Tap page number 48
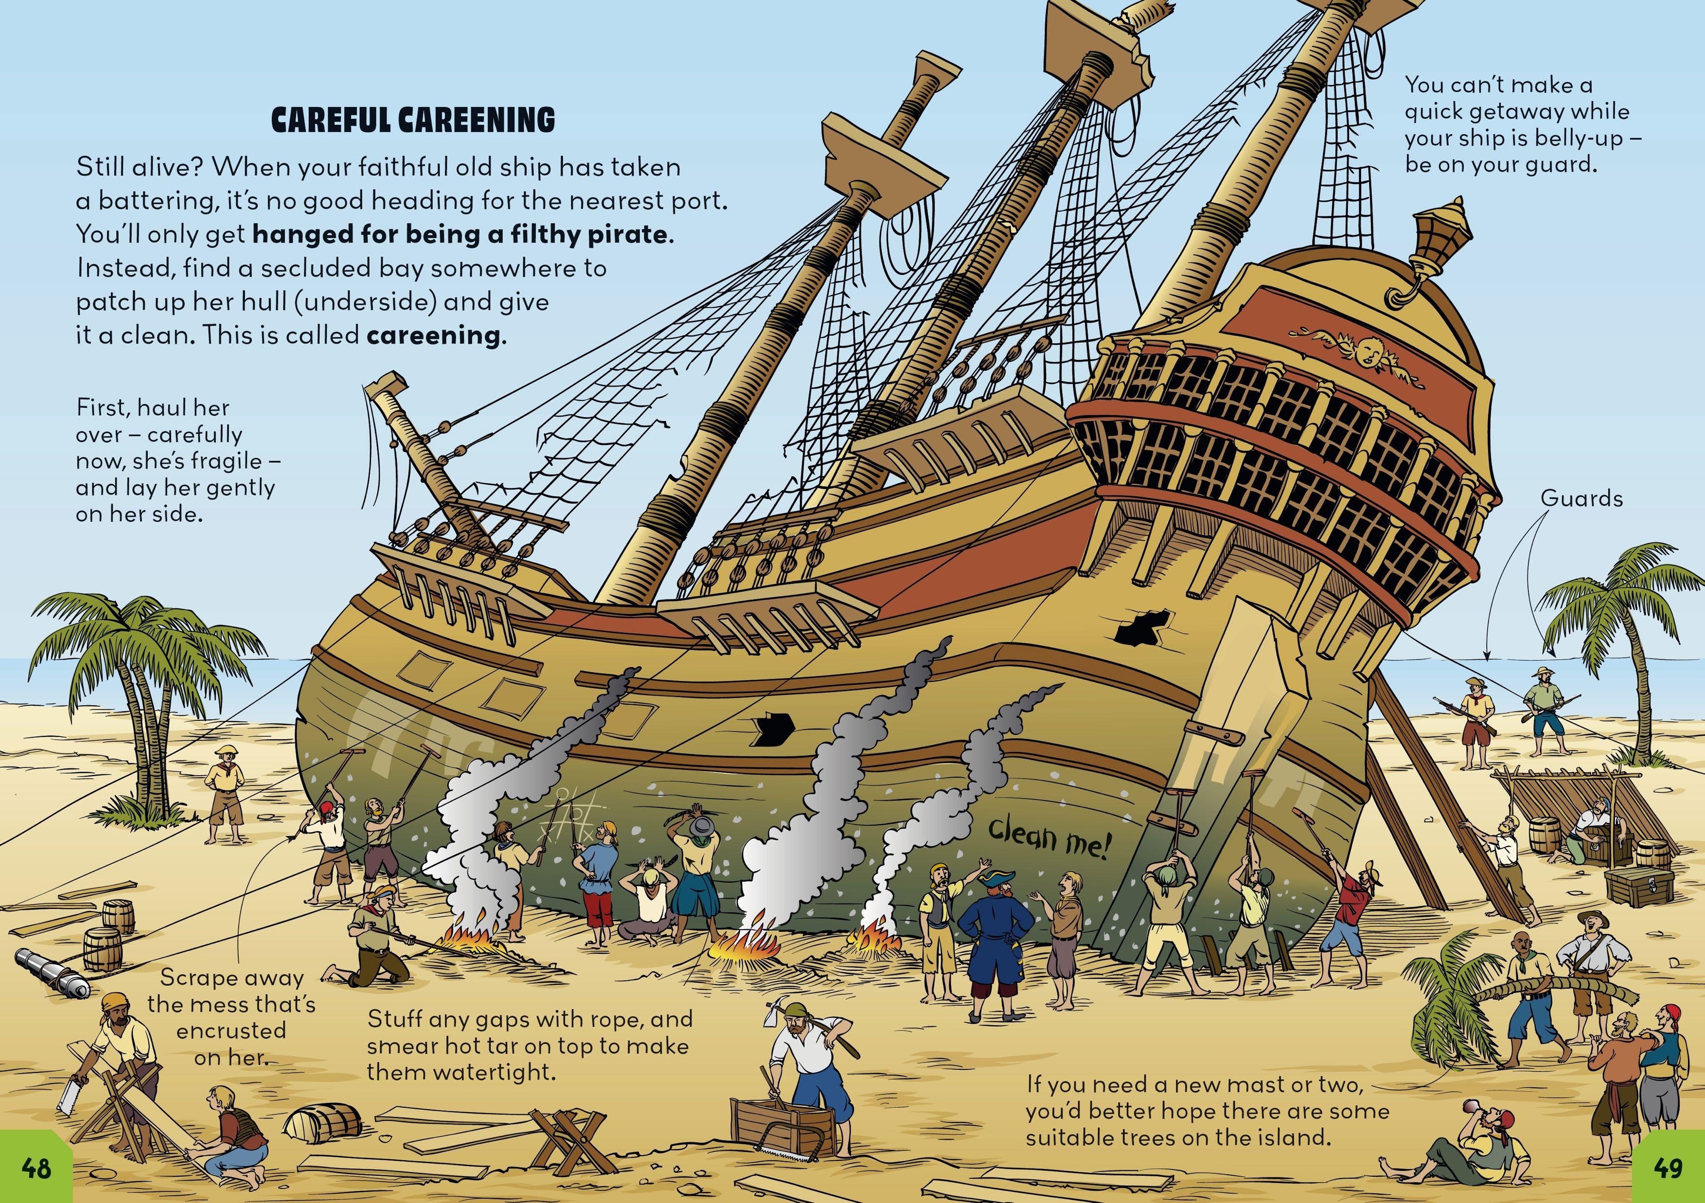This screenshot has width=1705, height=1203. point(36,1169)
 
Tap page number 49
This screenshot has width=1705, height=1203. point(1668,1169)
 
